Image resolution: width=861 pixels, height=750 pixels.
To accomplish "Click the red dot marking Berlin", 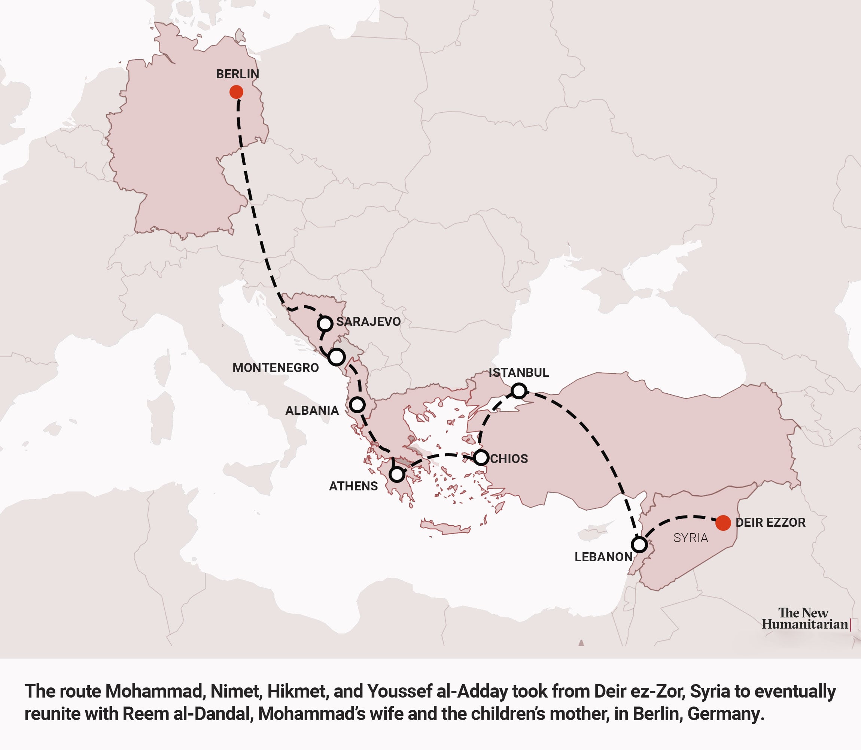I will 236,92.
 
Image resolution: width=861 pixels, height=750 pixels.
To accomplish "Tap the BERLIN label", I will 237,74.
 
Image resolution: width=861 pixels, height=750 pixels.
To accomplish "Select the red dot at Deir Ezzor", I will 723,523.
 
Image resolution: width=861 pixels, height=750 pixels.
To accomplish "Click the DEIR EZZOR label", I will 770,522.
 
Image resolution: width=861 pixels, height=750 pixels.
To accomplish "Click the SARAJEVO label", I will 368,321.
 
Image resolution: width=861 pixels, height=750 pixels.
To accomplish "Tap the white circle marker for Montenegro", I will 337,357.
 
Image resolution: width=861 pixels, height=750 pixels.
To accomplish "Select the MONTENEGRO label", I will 276,368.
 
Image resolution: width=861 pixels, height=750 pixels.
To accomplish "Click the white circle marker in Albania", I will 358,404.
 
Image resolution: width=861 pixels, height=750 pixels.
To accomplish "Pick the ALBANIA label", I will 312,410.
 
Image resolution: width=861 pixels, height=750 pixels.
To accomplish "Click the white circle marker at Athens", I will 397,475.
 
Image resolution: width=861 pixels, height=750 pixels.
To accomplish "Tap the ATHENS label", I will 353,486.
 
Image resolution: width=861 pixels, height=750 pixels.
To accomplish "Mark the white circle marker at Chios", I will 481,457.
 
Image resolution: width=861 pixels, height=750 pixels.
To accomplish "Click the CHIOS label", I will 509,459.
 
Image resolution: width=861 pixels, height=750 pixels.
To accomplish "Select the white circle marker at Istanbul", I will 518,390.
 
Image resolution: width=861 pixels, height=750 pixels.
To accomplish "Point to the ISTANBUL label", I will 518,372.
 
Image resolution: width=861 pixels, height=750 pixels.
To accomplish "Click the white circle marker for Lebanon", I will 639,545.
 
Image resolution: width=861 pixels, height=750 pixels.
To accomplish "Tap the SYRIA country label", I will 690,538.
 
